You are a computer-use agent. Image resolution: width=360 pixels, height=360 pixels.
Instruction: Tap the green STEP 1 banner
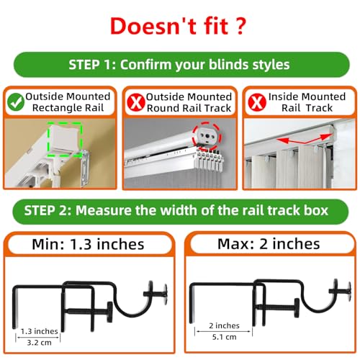pos(180,65)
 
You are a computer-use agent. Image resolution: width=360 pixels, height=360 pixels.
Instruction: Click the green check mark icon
pos(14,102)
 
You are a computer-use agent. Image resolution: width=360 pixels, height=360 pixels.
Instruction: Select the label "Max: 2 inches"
pos(270,245)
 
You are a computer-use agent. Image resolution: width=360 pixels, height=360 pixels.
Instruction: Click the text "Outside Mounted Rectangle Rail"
pos(68,102)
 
